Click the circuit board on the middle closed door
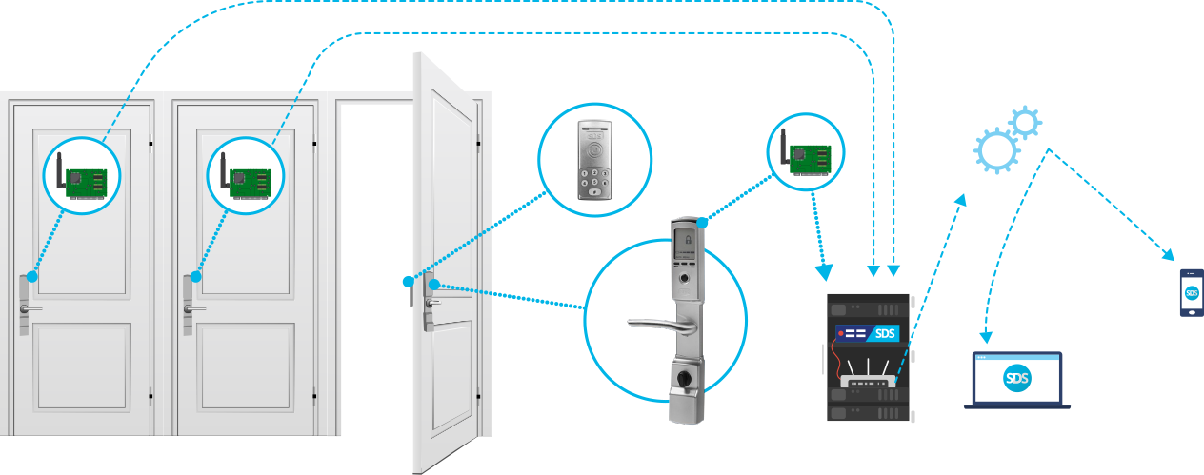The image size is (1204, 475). (x=245, y=176)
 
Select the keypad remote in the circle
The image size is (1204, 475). (x=594, y=159)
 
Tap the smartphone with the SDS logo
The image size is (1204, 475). (x=1191, y=292)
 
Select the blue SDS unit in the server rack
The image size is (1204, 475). (x=868, y=334)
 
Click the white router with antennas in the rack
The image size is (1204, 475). (x=868, y=382)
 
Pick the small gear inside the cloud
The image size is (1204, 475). (x=1025, y=122)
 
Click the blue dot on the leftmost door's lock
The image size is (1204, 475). (x=31, y=277)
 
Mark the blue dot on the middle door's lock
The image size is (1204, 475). (x=195, y=277)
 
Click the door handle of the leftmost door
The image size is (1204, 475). (x=31, y=308)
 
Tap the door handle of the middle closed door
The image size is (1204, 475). (x=193, y=308)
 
